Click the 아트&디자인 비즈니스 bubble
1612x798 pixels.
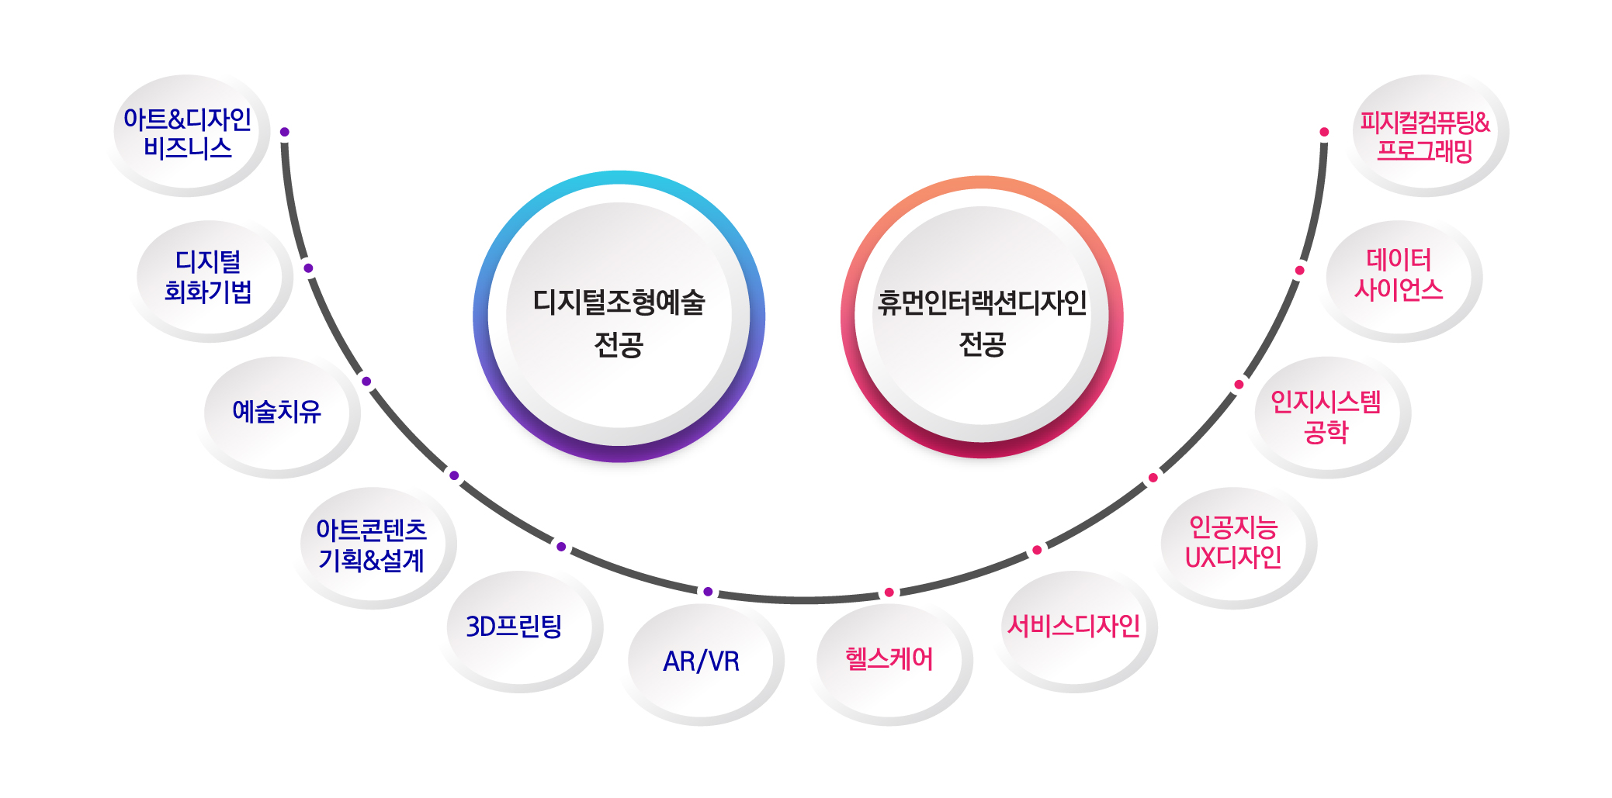tap(188, 133)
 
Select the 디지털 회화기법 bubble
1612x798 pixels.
tap(208, 277)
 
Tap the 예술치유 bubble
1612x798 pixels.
tap(277, 412)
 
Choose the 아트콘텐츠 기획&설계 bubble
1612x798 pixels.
tap(372, 545)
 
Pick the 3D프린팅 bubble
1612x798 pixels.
tap(515, 627)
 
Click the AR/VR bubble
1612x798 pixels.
tap(702, 662)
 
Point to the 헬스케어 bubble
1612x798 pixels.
tap(889, 660)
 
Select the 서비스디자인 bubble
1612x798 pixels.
tap(1073, 627)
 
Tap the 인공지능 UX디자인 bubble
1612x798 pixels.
tap(1233, 543)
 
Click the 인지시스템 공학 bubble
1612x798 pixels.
tap(1326, 416)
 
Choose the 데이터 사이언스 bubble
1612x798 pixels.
tap(1399, 275)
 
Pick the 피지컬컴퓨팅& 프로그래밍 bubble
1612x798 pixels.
tap(1425, 135)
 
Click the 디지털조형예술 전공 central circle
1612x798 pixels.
tap(619, 318)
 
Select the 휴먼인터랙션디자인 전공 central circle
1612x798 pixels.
tap(982, 318)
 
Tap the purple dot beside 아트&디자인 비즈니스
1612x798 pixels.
tap(285, 132)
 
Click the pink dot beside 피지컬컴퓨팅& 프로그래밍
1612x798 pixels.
tap(1324, 132)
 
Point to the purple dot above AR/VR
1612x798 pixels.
tap(708, 592)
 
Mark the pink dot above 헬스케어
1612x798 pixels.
tap(889, 592)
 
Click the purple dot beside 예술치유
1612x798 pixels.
tap(366, 382)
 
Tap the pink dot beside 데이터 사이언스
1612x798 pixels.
tap(1299, 270)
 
